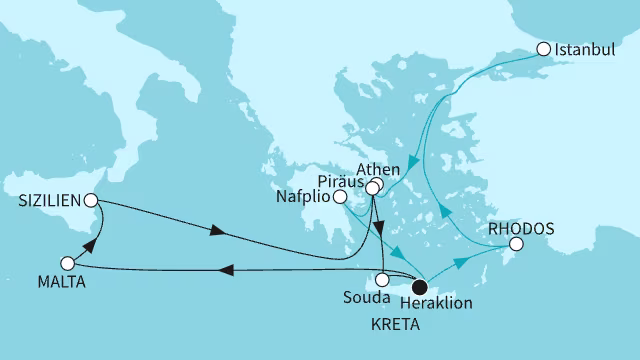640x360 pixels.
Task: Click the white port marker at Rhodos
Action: [516, 244]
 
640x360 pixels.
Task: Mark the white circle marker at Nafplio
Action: [339, 197]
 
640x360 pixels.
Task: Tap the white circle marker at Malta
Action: [68, 263]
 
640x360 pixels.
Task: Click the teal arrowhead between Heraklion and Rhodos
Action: [461, 262]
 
